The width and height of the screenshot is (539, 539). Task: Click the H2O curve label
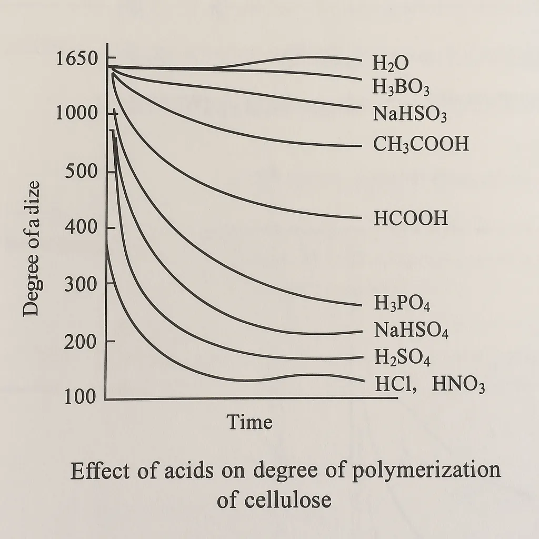pos(391,64)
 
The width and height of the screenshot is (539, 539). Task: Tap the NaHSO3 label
pos(410,114)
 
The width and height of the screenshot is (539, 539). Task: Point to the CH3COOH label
pos(421,144)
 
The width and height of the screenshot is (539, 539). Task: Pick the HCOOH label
pos(411,218)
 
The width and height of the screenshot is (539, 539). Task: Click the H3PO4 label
pos(402,304)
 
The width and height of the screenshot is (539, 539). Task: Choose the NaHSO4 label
pos(411,331)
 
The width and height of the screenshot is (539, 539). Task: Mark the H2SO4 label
pos(403,358)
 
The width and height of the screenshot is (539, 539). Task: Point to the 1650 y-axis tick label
pos(76,59)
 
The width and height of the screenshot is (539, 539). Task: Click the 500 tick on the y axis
pos(82,172)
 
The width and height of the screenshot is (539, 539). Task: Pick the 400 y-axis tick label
pos(82,228)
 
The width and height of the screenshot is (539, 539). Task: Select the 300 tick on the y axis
pos(82,285)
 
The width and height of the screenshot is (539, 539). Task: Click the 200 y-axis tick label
pos(82,342)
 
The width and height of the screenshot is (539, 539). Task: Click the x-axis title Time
pos(249,422)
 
